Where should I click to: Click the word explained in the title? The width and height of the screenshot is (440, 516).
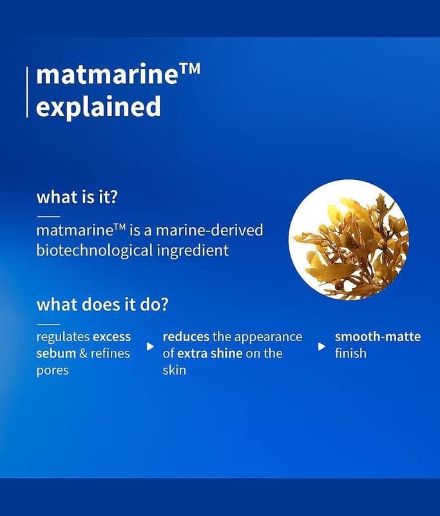tap(99, 107)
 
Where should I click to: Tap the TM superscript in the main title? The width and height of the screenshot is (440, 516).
tap(189, 70)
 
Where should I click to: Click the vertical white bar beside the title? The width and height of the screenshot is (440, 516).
tap(27, 92)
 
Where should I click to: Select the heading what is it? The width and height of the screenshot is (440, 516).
tap(77, 197)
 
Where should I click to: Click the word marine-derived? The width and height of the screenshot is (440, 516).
tap(209, 230)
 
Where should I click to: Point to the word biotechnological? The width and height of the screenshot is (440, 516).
tap(95, 250)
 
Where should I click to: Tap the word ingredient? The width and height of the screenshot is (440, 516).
tap(193, 250)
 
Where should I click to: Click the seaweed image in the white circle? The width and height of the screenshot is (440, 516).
tap(349, 240)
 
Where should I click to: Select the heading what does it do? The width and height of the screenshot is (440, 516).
tap(102, 304)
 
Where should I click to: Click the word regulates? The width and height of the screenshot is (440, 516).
tap(63, 337)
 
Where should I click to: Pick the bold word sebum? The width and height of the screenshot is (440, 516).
tap(56, 353)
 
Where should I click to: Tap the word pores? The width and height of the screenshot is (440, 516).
tap(53, 370)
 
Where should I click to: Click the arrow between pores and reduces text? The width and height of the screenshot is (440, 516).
tap(150, 346)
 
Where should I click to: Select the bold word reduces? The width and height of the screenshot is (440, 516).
tap(186, 337)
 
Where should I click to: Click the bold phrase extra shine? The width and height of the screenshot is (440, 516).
tap(209, 353)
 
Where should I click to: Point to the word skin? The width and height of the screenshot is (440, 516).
tap(174, 370)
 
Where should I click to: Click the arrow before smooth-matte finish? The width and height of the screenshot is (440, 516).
tap(321, 346)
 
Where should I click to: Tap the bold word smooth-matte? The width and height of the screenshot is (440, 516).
tap(378, 337)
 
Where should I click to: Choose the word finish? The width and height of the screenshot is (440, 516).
tap(350, 353)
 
